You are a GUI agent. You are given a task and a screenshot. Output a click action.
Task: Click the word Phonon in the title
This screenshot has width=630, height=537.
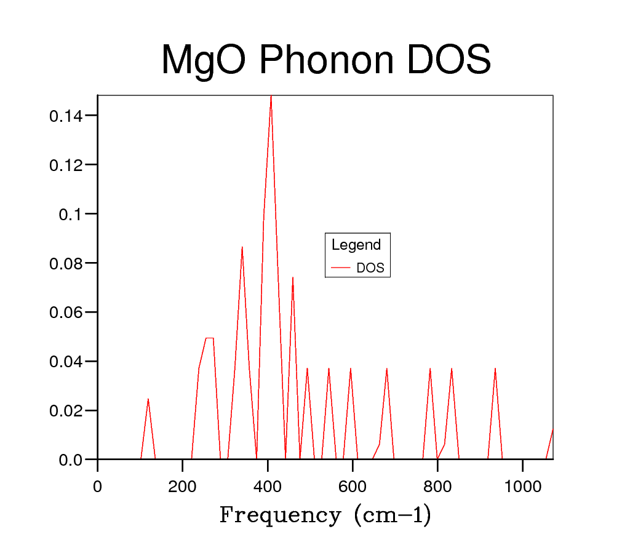coord(326,60)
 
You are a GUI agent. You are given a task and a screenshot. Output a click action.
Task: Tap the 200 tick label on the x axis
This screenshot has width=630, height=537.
coord(182,487)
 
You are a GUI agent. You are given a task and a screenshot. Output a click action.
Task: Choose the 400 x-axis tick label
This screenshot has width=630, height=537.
coord(267,487)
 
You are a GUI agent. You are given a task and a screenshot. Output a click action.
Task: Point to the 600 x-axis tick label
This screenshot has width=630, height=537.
coord(353,487)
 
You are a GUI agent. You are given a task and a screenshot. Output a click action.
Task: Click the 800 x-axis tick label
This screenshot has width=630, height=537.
coord(437,487)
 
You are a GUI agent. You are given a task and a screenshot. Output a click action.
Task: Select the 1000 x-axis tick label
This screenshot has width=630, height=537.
coord(522,487)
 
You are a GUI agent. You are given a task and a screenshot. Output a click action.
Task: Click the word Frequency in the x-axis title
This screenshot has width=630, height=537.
coord(280,515)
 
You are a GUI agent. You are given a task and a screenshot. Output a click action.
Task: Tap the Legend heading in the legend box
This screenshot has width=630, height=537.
coord(356,245)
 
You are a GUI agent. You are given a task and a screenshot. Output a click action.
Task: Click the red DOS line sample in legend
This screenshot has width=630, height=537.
coord(340,268)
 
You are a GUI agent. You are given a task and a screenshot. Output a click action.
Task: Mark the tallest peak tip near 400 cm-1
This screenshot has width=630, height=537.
coord(271,96)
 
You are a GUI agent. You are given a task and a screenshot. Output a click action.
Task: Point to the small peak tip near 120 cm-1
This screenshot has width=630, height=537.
coord(148,399)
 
